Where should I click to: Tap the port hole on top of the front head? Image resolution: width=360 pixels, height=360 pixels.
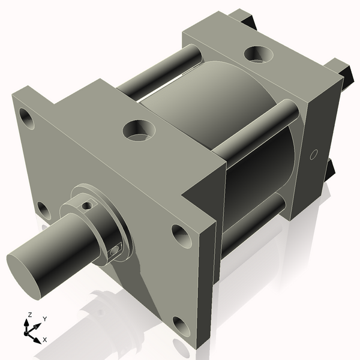[139, 129]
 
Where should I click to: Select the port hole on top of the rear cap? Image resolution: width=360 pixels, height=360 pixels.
[259, 55]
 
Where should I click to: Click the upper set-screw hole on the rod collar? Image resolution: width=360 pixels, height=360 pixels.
[88, 205]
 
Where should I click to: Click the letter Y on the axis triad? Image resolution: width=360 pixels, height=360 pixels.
[44, 319]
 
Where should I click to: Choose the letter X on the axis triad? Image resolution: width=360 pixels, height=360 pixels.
[44, 340]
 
